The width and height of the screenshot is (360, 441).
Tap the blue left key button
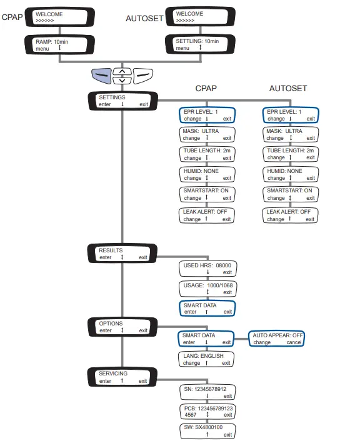[102, 76]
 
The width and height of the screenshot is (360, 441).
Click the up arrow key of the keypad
[124, 71]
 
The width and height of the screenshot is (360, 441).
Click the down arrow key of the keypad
[124, 80]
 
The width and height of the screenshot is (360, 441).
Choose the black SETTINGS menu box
[123, 101]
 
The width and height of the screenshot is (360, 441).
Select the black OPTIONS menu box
[123, 327]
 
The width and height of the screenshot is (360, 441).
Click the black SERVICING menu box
[123, 377]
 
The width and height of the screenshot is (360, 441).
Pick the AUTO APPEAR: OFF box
[276, 339]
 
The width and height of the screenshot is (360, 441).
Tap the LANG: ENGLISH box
[206, 359]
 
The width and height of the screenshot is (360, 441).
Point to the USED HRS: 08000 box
[206, 269]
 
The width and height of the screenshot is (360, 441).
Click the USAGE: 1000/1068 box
[206, 289]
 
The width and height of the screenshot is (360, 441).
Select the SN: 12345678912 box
[206, 392]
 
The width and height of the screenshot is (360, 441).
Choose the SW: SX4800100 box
[206, 430]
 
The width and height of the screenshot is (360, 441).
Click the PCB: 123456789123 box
[206, 411]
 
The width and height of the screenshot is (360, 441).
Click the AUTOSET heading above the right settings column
[287, 89]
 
